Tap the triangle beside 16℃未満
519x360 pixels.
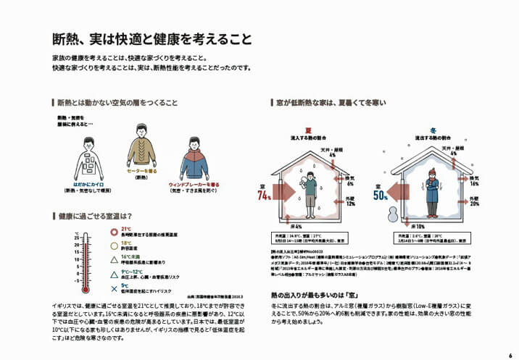click(x=113, y=259)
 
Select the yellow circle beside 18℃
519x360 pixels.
click(x=113, y=245)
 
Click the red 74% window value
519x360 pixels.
click(x=264, y=196)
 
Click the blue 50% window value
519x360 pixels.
click(x=381, y=196)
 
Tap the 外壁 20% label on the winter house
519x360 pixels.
click(x=475, y=201)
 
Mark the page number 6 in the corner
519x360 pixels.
click(x=510, y=355)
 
